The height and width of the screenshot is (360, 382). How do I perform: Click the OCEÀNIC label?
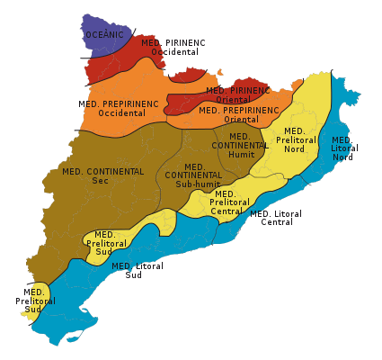(x=104, y=35)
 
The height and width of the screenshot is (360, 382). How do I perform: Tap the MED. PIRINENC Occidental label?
(x=173, y=47)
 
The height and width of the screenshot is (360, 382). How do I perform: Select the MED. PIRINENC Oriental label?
(x=237, y=94)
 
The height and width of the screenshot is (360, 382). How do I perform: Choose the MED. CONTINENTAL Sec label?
(x=102, y=175)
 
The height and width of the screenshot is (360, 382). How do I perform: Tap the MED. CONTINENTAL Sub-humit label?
(x=194, y=175)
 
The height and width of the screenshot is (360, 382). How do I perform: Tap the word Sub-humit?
(x=197, y=184)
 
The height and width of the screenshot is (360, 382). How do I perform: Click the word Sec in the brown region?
(x=101, y=180)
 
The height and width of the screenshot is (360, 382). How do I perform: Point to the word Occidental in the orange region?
(x=122, y=113)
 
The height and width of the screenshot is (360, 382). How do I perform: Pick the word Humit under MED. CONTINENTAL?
(x=242, y=155)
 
